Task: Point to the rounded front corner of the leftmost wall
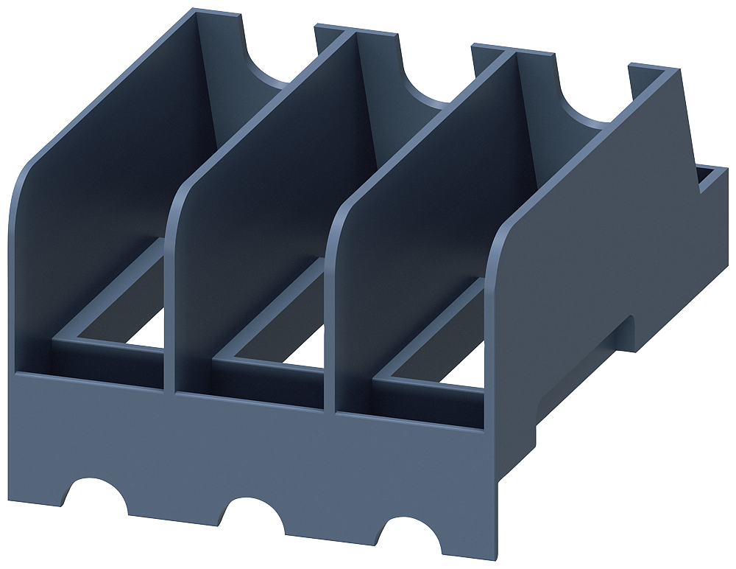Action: [21, 199]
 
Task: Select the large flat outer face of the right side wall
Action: [589, 243]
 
